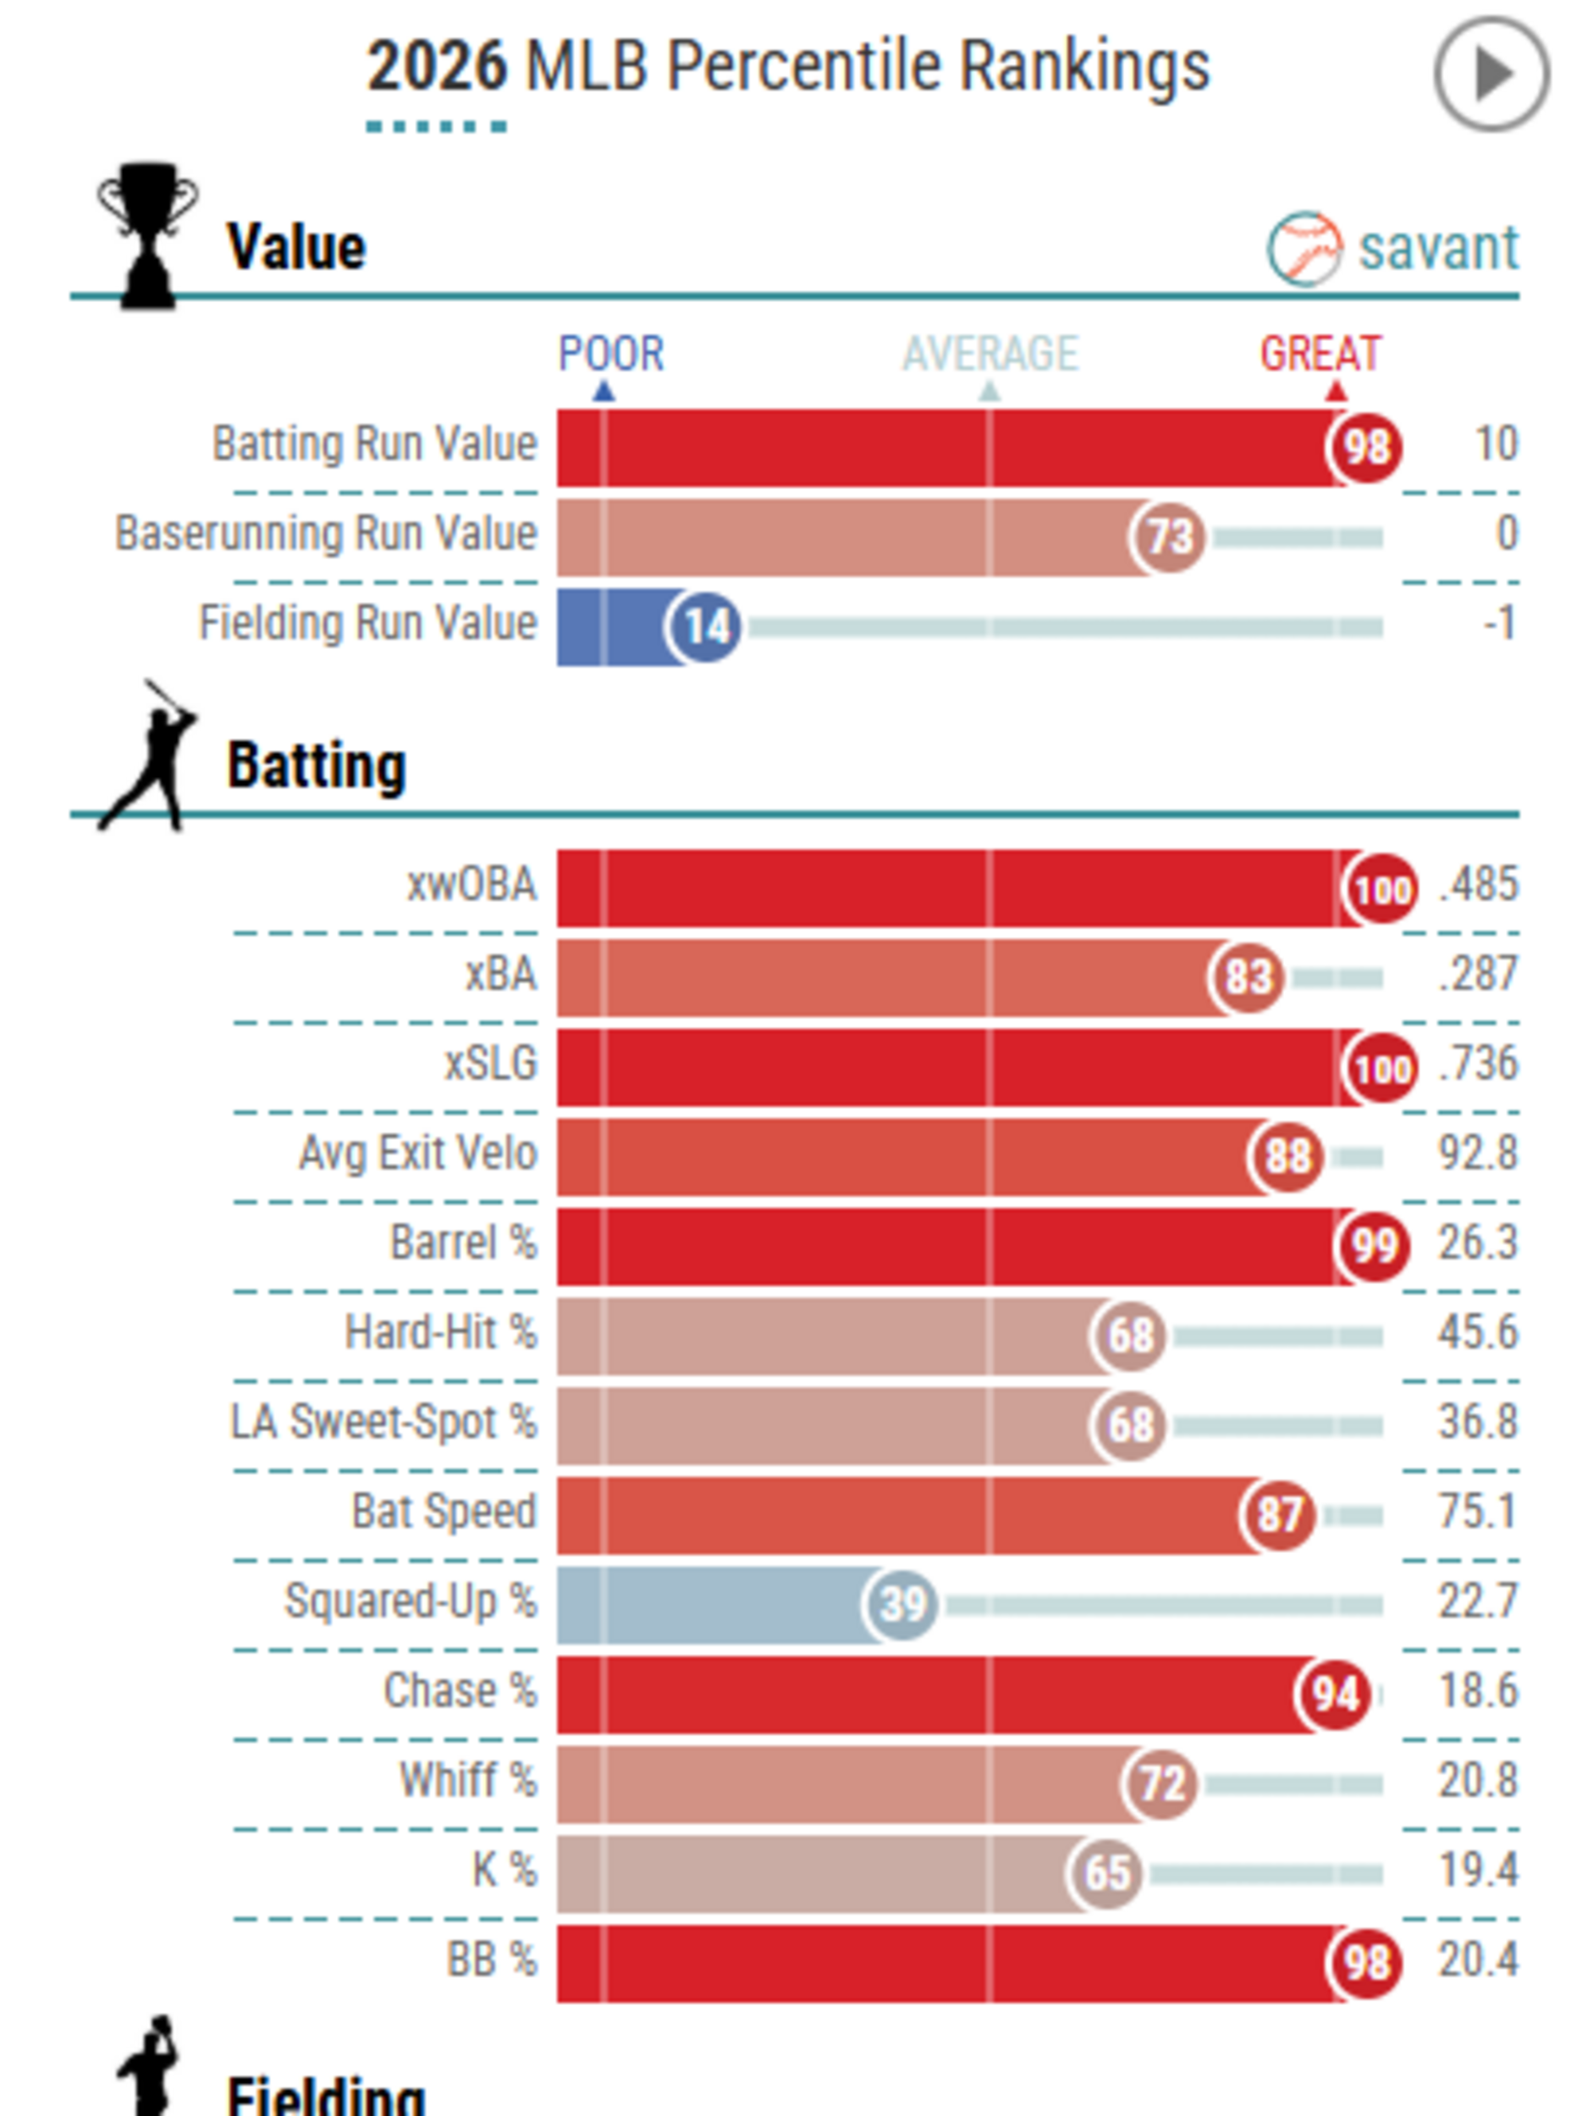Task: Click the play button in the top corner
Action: click(x=1491, y=74)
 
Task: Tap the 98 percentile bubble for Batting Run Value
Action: click(x=1364, y=447)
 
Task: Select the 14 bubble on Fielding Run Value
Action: click(x=705, y=626)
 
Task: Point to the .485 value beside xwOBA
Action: click(x=1479, y=884)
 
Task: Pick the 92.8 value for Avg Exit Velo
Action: click(x=1478, y=1154)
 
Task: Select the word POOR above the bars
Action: click(x=610, y=354)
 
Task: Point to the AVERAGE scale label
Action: click(x=990, y=354)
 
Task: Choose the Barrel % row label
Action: click(x=463, y=1243)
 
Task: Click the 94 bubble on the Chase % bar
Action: click(x=1334, y=1694)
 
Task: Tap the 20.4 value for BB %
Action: click(x=1478, y=1960)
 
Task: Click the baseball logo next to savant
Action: click(x=1304, y=249)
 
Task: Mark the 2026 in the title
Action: click(x=436, y=67)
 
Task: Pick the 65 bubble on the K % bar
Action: click(x=1105, y=1873)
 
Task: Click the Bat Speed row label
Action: click(x=444, y=1512)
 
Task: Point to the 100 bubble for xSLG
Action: click(x=1381, y=1068)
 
